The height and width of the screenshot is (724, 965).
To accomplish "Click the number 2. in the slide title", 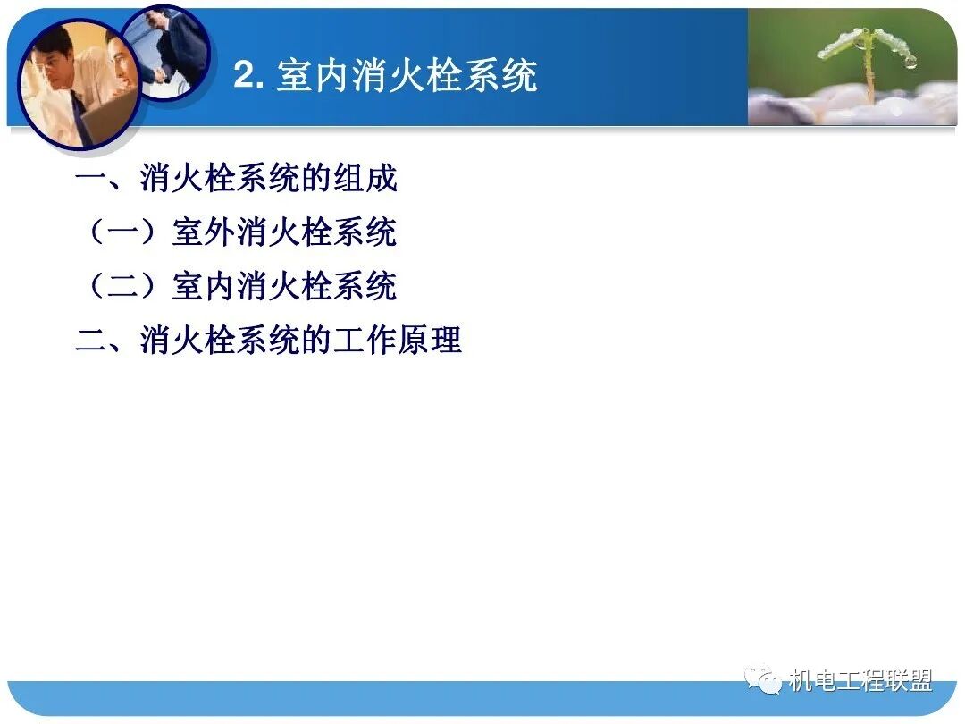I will (250, 76).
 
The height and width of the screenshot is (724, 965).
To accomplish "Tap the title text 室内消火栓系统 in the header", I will (407, 76).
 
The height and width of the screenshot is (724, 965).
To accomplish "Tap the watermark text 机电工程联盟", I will (860, 681).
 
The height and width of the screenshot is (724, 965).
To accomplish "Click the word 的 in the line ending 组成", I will (316, 179).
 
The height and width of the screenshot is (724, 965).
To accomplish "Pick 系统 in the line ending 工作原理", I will (268, 341).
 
